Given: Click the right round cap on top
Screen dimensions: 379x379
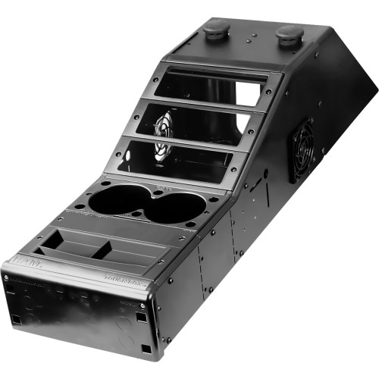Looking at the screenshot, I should coord(290,34).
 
